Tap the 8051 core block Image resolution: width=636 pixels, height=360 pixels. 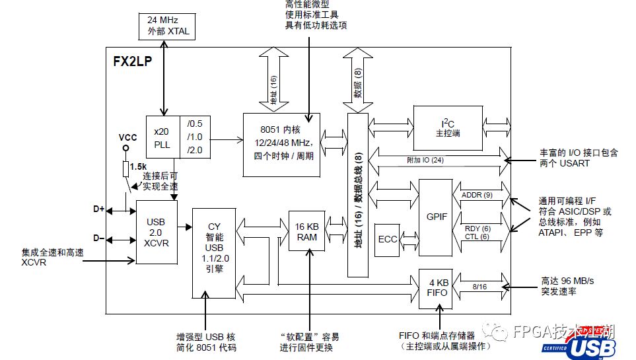click(x=281, y=144)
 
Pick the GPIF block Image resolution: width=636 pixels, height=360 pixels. click(x=436, y=216)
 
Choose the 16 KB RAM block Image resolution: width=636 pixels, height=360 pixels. click(x=306, y=232)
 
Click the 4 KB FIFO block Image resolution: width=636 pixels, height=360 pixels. click(x=436, y=288)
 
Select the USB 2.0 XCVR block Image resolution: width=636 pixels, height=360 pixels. click(x=157, y=233)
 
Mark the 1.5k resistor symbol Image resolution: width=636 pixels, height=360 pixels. click(x=125, y=168)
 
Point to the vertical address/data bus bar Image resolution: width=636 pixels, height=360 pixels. click(x=357, y=195)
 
